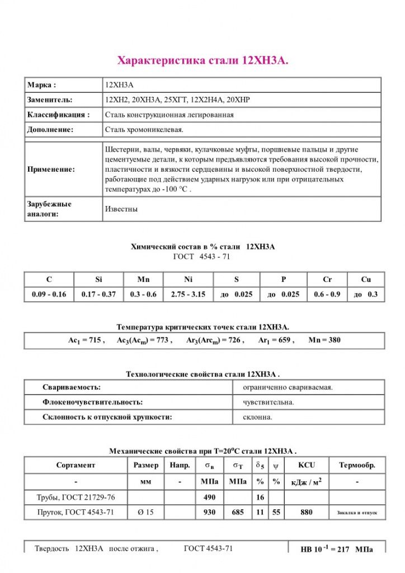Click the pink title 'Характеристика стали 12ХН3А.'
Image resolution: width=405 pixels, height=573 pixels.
click(202, 60)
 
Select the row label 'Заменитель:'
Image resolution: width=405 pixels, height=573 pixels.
click(50, 100)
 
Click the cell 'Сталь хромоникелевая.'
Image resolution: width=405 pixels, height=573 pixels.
click(144, 129)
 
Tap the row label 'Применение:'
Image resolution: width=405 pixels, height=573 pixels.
click(51, 169)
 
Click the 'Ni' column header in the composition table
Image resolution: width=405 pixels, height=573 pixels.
click(187, 279)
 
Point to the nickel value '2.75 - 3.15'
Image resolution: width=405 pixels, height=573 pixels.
click(187, 294)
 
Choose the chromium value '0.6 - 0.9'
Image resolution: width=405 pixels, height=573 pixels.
click(327, 294)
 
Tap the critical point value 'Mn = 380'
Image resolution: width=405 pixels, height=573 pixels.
click(324, 340)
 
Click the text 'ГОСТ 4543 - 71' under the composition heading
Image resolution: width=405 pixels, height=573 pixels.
click(202, 257)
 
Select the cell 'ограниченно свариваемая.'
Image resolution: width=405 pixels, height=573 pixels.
click(288, 387)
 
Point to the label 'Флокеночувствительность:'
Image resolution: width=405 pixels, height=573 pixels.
click(93, 402)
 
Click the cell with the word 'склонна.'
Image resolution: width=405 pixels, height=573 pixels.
click(258, 417)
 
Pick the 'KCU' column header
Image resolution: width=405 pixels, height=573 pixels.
click(307, 465)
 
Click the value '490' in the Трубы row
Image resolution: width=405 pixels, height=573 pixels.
click(209, 497)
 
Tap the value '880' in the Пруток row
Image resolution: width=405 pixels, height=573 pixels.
click(307, 512)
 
